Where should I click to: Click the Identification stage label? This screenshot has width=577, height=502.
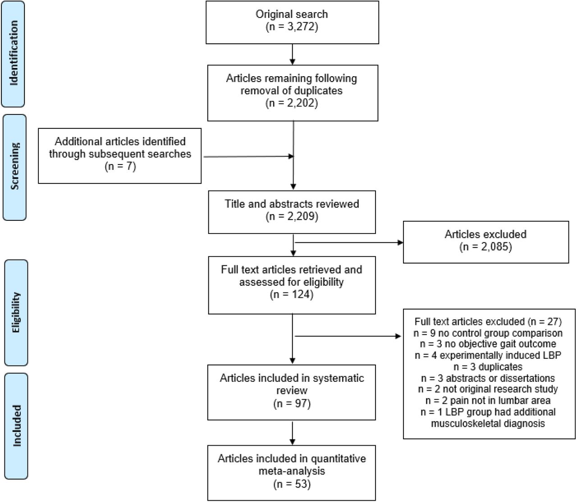pyautogui.click(x=13, y=54)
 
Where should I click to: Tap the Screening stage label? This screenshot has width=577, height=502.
pyautogui.click(x=14, y=167)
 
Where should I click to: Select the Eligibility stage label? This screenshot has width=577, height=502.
pyautogui.click(x=16, y=313)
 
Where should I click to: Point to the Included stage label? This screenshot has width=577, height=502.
pyautogui.click(x=16, y=426)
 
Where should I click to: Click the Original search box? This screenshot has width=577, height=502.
pyautogui.click(x=292, y=22)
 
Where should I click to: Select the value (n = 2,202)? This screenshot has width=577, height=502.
pyautogui.click(x=292, y=103)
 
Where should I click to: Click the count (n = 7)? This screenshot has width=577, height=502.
pyautogui.click(x=120, y=166)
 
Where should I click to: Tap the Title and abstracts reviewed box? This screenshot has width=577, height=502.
pyautogui.click(x=292, y=212)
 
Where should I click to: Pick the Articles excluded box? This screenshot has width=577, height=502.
pyautogui.click(x=486, y=242)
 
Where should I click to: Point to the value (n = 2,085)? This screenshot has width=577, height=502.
pyautogui.click(x=485, y=247)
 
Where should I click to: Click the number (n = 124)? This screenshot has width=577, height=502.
pyautogui.click(x=292, y=295)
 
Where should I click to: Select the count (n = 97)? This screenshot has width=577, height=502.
pyautogui.click(x=292, y=404)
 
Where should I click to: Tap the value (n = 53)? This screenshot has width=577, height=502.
pyautogui.click(x=292, y=484)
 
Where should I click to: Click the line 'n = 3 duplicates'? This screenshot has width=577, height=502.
pyautogui.click(x=488, y=367)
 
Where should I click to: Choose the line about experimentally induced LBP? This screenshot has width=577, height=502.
pyautogui.click(x=488, y=355)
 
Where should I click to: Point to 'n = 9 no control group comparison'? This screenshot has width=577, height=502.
pyautogui.click(x=488, y=333)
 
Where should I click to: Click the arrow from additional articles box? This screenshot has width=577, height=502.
pyautogui.click(x=249, y=156)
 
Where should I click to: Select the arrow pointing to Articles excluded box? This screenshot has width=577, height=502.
pyautogui.click(x=349, y=242)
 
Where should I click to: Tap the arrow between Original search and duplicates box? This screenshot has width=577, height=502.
pyautogui.click(x=293, y=55)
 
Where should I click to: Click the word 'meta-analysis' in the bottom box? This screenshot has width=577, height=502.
pyautogui.click(x=292, y=471)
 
